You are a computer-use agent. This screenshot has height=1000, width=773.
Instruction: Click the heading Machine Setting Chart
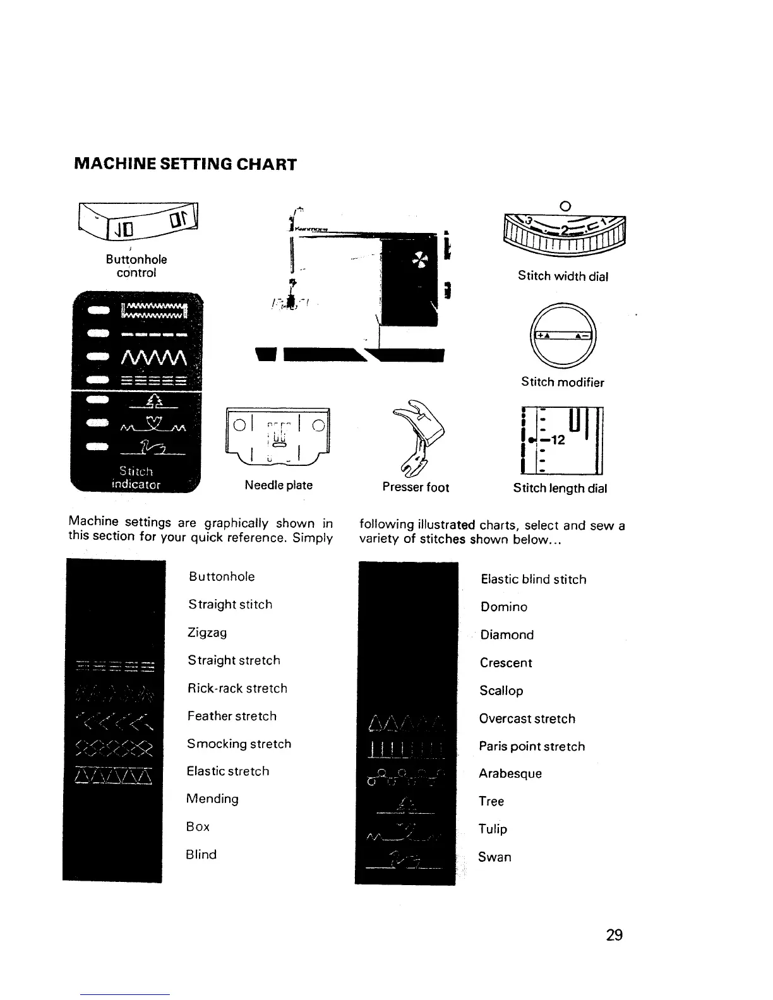click(185, 164)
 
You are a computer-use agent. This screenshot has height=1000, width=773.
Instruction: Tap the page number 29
click(614, 934)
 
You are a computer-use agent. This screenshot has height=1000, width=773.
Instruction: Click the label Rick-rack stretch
click(237, 688)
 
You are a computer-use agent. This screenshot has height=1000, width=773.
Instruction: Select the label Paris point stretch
click(532, 746)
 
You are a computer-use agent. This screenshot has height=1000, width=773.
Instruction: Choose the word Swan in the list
click(494, 857)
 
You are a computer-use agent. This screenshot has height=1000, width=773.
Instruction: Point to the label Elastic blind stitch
click(533, 579)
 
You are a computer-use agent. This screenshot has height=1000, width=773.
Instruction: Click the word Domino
click(503, 607)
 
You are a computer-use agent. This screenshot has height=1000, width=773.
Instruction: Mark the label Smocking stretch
click(239, 744)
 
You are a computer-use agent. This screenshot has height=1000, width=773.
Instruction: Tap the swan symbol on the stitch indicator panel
click(152, 448)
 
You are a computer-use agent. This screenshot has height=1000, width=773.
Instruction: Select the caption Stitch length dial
click(560, 488)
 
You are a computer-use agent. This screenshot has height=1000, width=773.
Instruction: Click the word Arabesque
click(510, 773)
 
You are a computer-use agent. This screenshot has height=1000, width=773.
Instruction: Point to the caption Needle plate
click(279, 485)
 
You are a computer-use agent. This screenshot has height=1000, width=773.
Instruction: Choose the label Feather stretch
click(232, 716)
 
